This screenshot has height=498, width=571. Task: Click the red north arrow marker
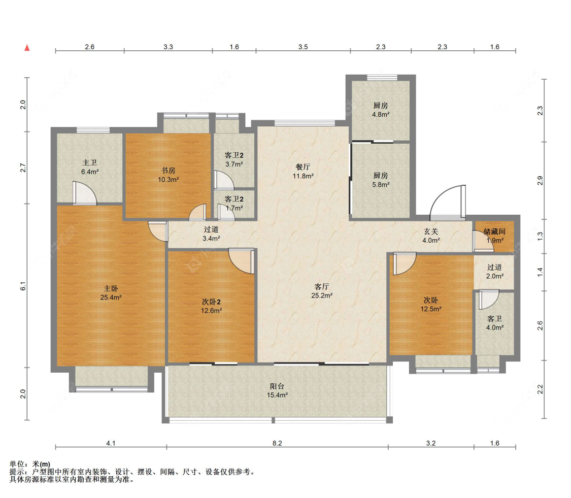tap(27, 48)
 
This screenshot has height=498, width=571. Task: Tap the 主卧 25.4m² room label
tap(111, 293)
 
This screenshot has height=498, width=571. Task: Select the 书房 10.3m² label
tap(168, 175)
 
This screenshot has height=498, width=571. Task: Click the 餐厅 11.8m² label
tap(303, 171)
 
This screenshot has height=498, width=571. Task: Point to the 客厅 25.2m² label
tap(322, 291)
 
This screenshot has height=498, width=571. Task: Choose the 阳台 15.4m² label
tap(277, 390)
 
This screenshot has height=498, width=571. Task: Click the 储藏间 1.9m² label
tap(494, 236)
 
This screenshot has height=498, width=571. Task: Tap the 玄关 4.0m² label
tap(431, 236)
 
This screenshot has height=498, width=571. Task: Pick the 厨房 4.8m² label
tap(381, 110)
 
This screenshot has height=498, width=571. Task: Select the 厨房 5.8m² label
tap(381, 180)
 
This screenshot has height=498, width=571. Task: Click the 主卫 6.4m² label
tap(89, 167)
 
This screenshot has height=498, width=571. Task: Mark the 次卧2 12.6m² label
tap(211, 306)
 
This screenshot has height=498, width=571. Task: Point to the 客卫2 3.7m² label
tap(234, 159)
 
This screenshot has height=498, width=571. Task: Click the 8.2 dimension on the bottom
tap(277, 443)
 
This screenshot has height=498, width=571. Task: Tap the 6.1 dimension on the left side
tap(23, 286)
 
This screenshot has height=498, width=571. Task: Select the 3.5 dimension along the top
tap(303, 47)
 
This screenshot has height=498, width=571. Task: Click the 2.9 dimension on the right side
tap(540, 180)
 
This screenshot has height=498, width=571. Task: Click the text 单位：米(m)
tap(30, 464)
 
